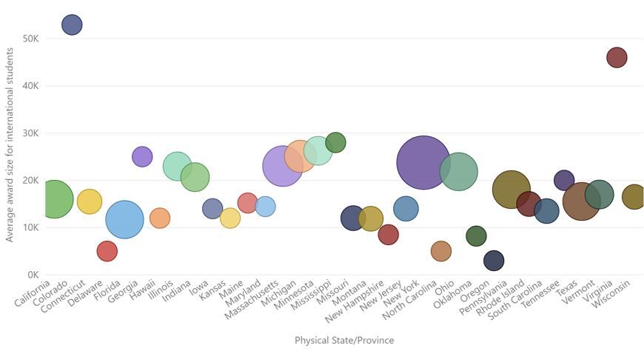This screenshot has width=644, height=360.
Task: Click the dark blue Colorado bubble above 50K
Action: pos(72,24)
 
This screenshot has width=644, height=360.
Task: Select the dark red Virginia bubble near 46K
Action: pos(617,57)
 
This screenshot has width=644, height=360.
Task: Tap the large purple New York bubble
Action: pos(423,162)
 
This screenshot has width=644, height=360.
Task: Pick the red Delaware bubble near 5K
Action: pos(107,251)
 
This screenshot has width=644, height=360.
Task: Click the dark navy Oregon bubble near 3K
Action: pos(494,260)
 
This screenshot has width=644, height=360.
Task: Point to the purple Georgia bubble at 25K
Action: pos(142,156)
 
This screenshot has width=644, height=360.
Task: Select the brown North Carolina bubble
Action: pos(440,251)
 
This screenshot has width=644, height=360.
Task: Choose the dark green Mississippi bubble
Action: pos(335,142)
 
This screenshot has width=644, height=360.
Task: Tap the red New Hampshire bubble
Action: pos(388,235)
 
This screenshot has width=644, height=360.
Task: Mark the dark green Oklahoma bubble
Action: pos(476,236)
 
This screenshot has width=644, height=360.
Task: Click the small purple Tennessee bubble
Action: pos(564,179)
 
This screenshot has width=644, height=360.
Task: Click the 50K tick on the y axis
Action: pos(30,39)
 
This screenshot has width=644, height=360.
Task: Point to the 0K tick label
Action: pos(33,275)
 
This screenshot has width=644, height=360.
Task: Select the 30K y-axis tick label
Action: pos(30,133)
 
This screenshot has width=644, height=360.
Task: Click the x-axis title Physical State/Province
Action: pos(344,341)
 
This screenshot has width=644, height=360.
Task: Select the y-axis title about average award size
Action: pos(10,144)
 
